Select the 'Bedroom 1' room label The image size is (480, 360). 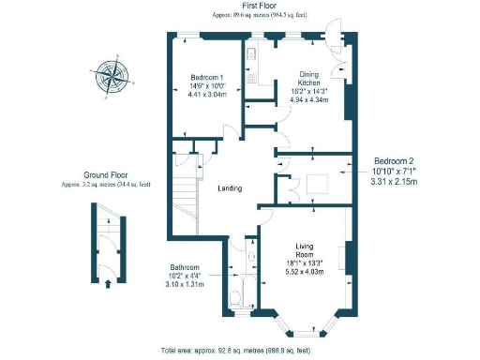pyautogui.click(x=206, y=77)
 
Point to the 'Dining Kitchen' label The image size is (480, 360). pyautogui.click(x=310, y=79)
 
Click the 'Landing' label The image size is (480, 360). pyautogui.click(x=230, y=188)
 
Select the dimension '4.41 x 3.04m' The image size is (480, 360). pyautogui.click(x=207, y=95)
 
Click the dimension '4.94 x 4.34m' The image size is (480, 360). pyautogui.click(x=309, y=99)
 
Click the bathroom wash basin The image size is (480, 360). pyautogui.click(x=250, y=255)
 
